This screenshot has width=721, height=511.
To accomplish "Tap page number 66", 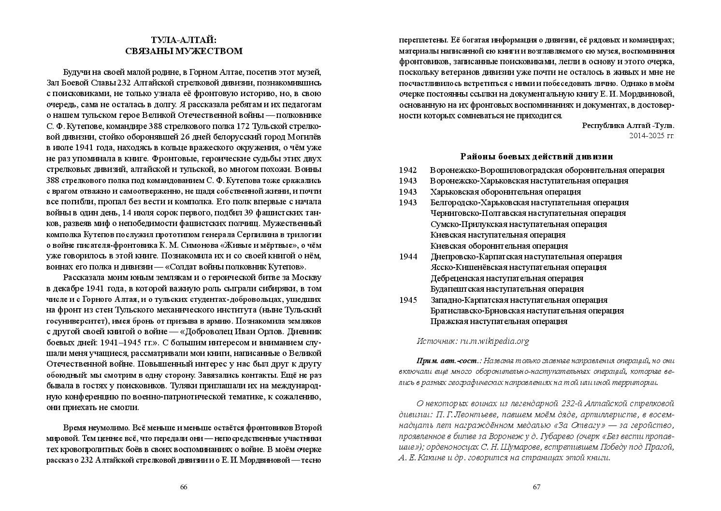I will [184, 487].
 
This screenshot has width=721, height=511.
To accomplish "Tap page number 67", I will [536, 487].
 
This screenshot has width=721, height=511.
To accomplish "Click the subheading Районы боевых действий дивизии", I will [536, 156].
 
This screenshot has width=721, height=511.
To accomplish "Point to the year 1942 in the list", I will [408, 170].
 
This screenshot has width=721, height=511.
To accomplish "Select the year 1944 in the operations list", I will [408, 256].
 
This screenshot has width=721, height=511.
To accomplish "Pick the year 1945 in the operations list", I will [408, 300].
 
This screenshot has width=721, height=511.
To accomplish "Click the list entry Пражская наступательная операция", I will [499, 322].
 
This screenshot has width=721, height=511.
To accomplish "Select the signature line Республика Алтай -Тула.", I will [628, 125].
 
